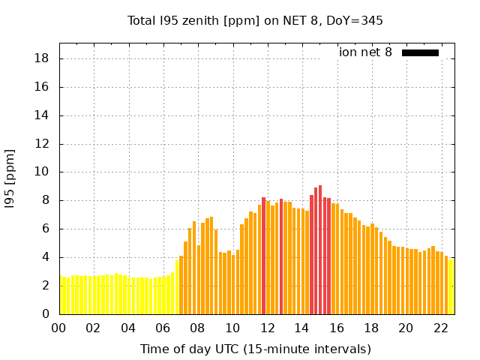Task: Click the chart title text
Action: tap(255, 21)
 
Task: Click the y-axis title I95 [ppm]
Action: tap(10, 179)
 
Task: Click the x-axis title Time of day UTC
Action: tap(255, 349)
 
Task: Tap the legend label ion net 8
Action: tap(365, 52)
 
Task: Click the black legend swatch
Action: tap(420, 52)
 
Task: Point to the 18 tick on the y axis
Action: tap(42, 58)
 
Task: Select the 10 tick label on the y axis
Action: tap(42, 172)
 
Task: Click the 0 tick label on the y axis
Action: tap(45, 314)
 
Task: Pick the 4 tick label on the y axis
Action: tap(45, 257)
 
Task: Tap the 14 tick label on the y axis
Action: tap(42, 115)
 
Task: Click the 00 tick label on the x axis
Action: tap(58, 328)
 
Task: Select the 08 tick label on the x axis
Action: tap(197, 328)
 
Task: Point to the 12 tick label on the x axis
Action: tap(267, 328)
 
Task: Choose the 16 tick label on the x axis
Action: tap(337, 328)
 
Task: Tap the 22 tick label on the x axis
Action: tap(441, 328)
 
